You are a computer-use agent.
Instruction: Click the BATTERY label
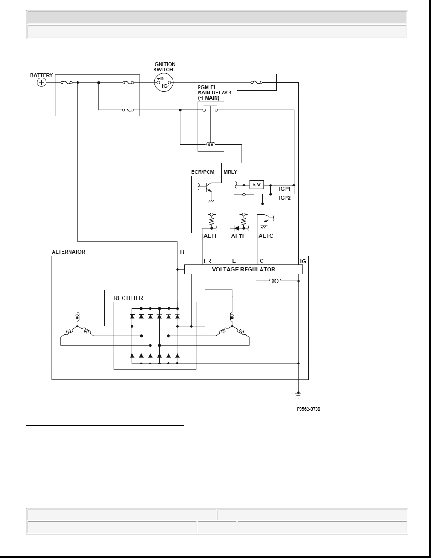[x=41, y=75]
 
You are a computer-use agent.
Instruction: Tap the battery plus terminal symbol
[x=42, y=83]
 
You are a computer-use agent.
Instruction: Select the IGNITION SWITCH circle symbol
[x=163, y=82]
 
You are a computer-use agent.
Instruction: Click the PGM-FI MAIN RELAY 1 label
[x=215, y=93]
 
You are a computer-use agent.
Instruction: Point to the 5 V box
[x=256, y=185]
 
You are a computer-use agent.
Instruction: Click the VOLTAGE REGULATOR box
[x=243, y=270]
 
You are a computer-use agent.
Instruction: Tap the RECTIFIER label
[x=128, y=298]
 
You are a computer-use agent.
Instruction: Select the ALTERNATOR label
[x=69, y=252]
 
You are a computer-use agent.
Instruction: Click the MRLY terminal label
[x=231, y=172]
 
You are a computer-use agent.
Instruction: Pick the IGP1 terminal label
[x=285, y=189]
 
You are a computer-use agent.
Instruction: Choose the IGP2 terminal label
[x=285, y=198]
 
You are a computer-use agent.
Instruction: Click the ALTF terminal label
[x=210, y=236]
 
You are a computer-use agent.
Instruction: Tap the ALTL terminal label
[x=238, y=236]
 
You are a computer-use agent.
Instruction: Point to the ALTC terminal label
[x=266, y=236]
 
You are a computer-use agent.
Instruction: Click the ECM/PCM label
[x=203, y=172]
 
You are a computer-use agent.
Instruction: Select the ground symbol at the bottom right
[x=298, y=395]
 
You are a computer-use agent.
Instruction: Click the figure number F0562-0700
[x=308, y=409]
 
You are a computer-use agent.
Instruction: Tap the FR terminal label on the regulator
[x=208, y=261]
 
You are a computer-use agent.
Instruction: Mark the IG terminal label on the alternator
[x=303, y=261]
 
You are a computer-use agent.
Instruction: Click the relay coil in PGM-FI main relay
[x=211, y=144]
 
